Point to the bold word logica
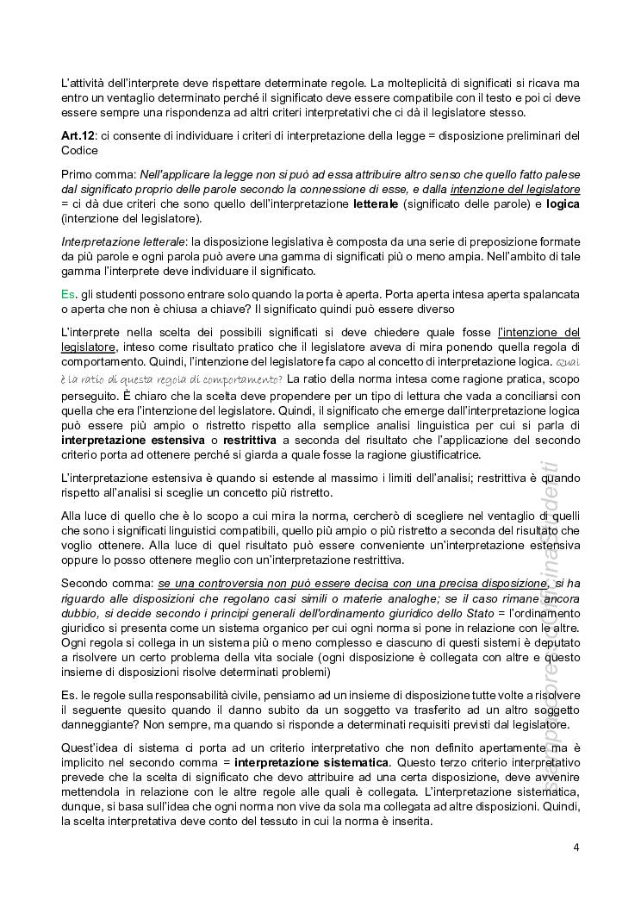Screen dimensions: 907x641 click(563, 204)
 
